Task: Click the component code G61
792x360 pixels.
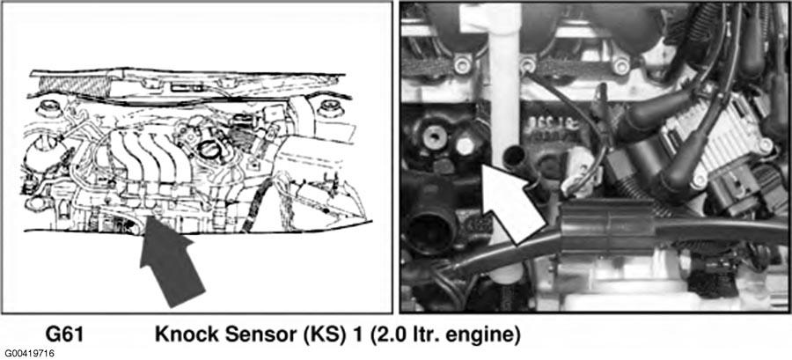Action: click(64, 334)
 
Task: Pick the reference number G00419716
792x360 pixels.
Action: click(30, 353)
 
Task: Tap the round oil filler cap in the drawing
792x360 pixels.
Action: click(208, 150)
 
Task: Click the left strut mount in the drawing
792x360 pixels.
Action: click(48, 107)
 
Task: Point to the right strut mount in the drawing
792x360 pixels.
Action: click(329, 107)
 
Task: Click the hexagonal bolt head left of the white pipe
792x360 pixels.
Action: click(465, 146)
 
